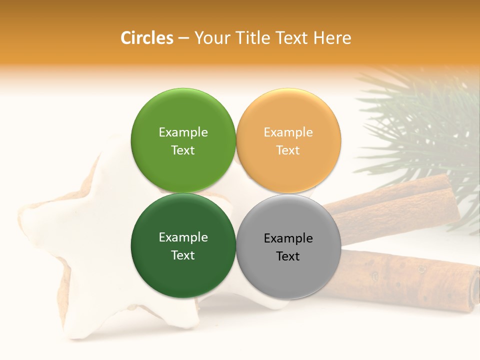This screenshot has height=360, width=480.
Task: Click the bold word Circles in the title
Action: coord(146,38)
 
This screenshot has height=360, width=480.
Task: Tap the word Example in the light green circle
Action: coord(183,132)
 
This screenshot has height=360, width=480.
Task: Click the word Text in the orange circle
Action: coord(288,150)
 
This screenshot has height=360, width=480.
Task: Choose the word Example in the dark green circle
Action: coord(183,237)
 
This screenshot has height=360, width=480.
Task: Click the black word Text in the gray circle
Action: coord(288,256)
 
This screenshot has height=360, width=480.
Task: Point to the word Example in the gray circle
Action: coord(288,238)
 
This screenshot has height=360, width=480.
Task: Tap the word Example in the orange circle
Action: coord(288,132)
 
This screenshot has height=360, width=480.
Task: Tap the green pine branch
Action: coord(425,120)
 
